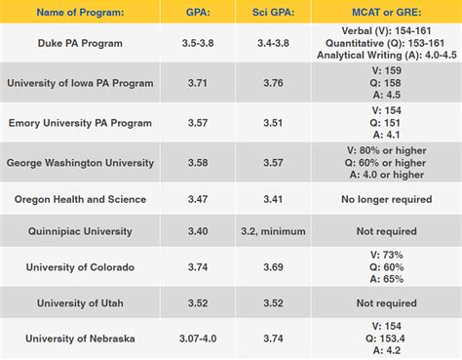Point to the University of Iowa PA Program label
[79, 84]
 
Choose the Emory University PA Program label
[79, 124]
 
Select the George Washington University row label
[79, 163]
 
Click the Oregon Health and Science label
[79, 199]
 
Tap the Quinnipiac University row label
[79, 232]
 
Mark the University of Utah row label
[79, 303]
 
